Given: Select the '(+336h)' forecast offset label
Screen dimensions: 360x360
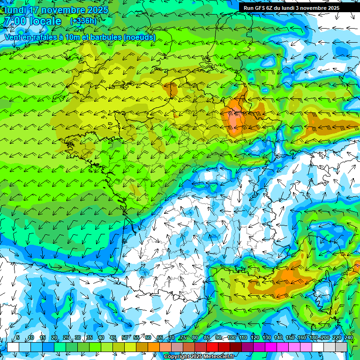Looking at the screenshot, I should point(83,21).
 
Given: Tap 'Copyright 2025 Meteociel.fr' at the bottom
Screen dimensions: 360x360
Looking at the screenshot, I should point(200,356).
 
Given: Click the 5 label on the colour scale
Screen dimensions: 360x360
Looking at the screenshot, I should point(18,338).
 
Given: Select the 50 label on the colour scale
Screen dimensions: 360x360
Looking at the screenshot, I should point(124,338).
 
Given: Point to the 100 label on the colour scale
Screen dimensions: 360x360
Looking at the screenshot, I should point(231,338).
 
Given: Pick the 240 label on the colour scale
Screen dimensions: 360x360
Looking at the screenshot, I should point(348,338).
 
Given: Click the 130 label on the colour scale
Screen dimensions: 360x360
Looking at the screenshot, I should point(266,338).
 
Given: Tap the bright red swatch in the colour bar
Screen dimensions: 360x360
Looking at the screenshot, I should point(212,347).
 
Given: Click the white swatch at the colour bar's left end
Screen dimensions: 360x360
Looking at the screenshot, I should point(13,347).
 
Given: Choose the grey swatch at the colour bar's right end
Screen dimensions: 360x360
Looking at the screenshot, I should point(341,347).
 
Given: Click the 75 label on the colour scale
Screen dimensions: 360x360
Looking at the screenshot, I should point(183,338).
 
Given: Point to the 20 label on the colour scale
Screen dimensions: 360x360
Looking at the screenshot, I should point(54,338).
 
